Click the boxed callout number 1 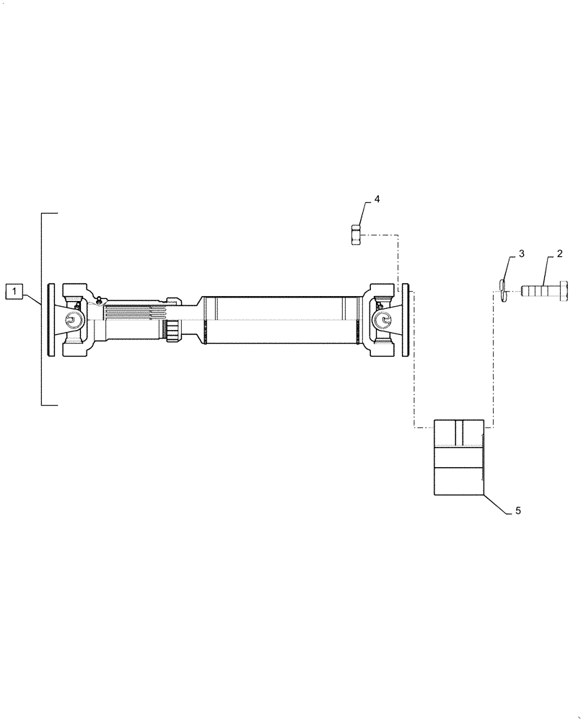click(x=14, y=292)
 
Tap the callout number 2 click(x=559, y=254)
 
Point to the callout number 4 click(x=377, y=198)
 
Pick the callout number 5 click(x=517, y=510)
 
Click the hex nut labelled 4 click(x=356, y=235)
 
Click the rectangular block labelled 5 click(x=458, y=456)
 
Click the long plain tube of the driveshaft click(x=278, y=319)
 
